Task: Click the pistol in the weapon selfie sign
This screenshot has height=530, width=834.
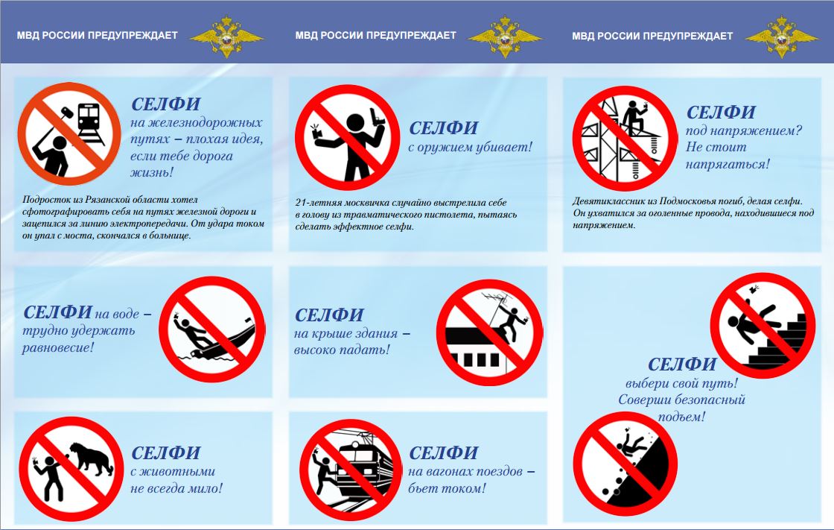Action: point(378,117)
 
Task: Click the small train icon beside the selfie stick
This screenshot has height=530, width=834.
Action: point(90,124)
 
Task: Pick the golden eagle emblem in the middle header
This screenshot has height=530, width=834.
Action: point(505,37)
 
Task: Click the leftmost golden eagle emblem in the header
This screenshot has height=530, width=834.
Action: point(226,37)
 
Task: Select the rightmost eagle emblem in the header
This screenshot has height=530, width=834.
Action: point(781,37)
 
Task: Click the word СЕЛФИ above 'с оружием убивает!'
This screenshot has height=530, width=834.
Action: point(444,127)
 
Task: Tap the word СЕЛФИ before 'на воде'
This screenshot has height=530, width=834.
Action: point(57,312)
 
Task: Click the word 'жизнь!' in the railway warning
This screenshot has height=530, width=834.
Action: point(152,173)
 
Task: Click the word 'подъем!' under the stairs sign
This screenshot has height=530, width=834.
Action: point(681,417)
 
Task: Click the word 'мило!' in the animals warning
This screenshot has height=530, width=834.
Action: point(204,488)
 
